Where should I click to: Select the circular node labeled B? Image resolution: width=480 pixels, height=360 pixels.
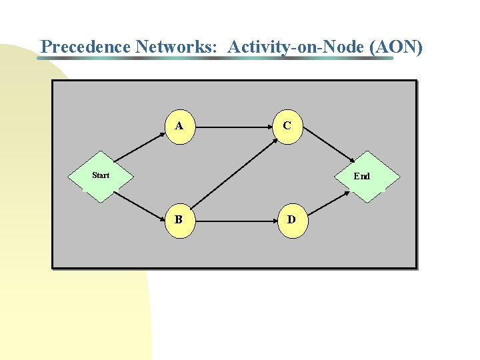click(x=179, y=219)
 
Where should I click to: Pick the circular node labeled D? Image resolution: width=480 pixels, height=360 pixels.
click(x=291, y=219)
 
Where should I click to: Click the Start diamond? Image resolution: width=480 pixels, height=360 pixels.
click(x=101, y=176)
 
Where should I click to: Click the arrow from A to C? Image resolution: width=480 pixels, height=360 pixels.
click(x=233, y=125)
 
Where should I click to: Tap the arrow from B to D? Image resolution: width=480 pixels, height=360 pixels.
click(x=237, y=219)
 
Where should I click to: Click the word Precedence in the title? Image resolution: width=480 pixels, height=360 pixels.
click(x=86, y=47)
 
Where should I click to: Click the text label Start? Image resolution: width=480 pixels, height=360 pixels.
click(x=101, y=175)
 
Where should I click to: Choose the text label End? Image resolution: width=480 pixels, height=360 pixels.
click(x=362, y=177)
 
